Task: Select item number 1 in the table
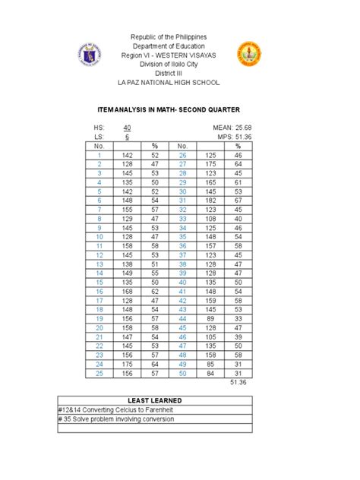(x=99, y=154)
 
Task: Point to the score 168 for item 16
(x=128, y=291)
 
